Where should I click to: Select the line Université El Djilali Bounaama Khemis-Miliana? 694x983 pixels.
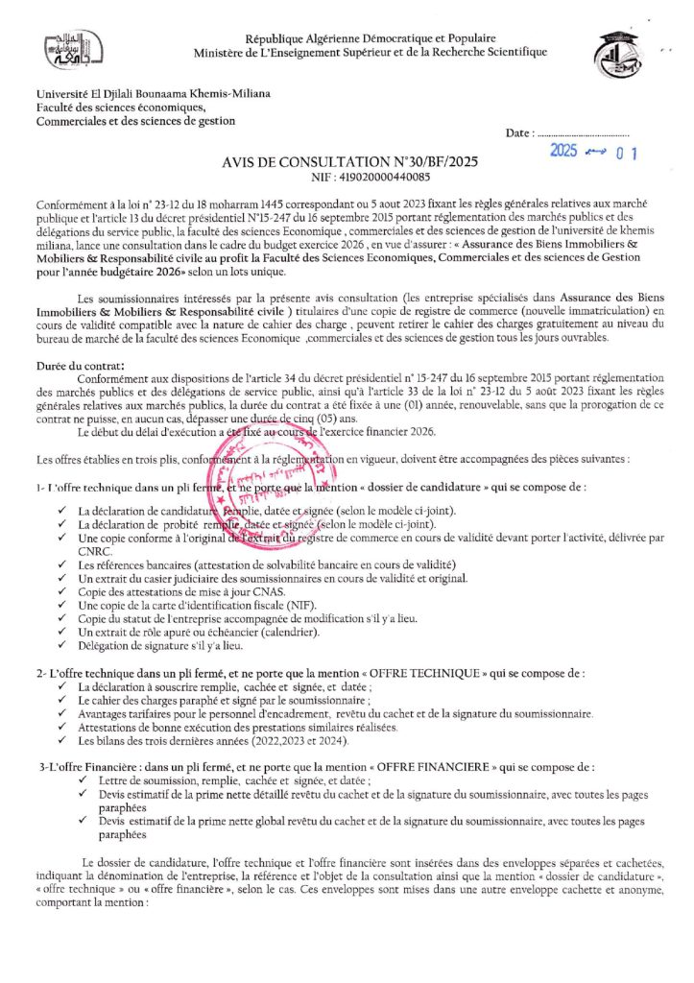154,94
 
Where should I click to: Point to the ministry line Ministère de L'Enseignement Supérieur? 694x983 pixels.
370,52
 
